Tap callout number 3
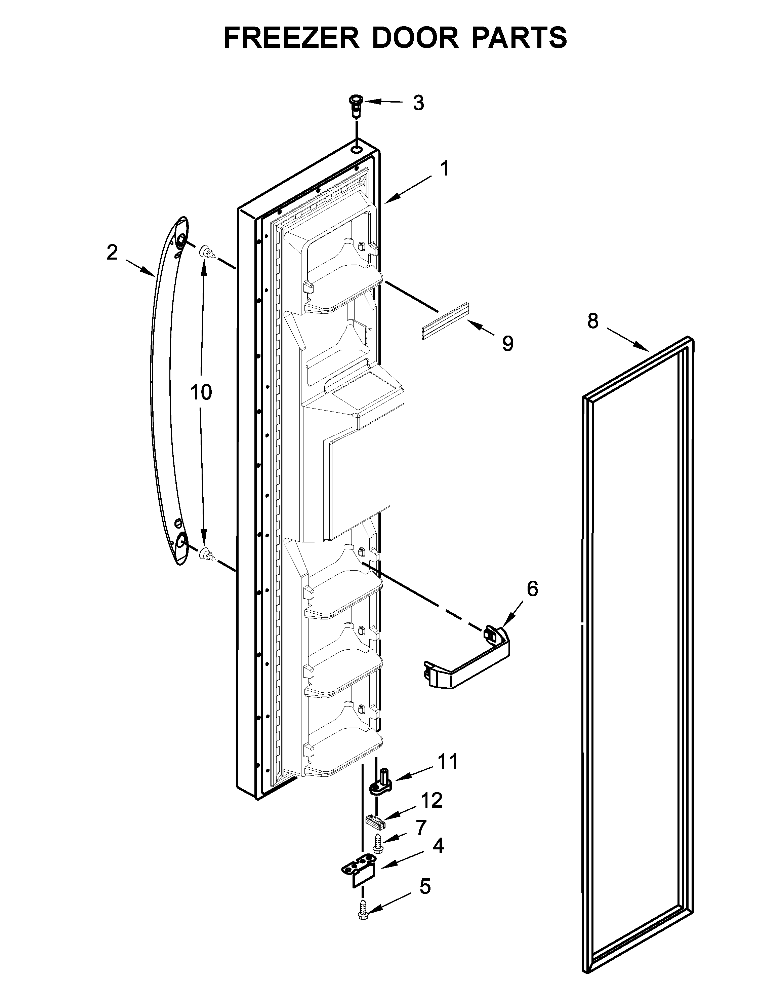418,104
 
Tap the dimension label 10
201,393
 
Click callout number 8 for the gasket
593,321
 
